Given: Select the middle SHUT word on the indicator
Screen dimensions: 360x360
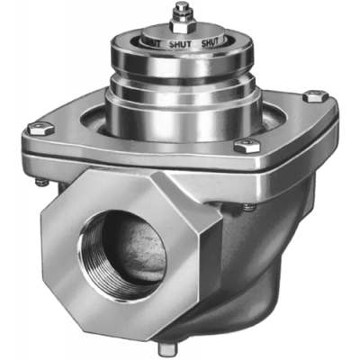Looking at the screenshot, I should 184,41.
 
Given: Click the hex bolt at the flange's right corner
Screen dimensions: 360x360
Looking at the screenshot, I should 313,96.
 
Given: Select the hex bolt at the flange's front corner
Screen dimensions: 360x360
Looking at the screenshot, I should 244,146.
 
